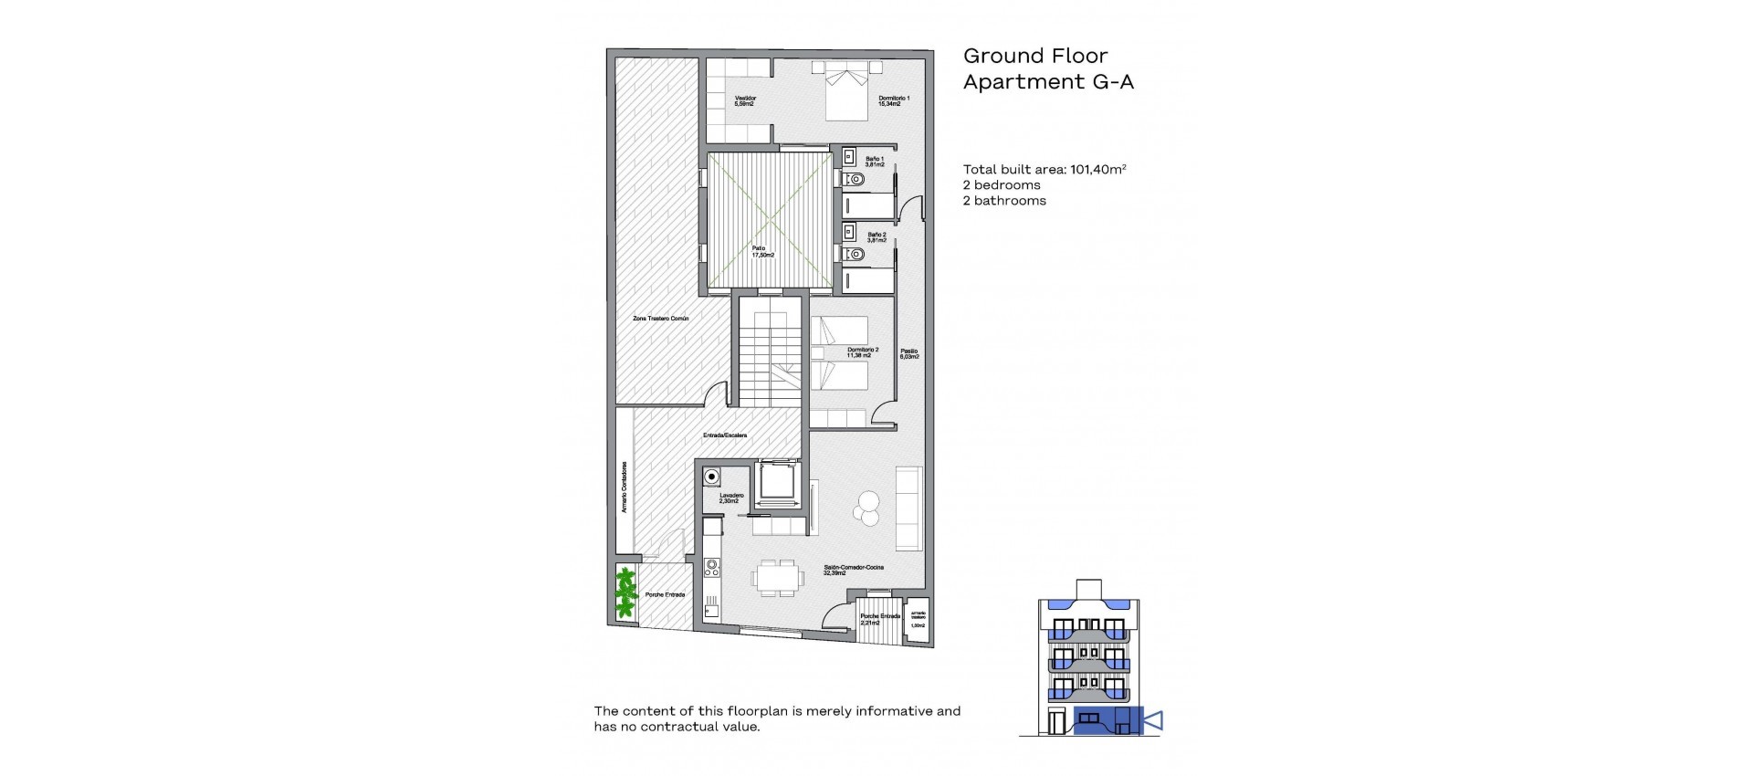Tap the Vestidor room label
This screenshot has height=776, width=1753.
[x=745, y=100]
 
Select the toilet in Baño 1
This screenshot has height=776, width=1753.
[x=855, y=180]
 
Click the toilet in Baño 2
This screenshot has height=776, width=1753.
[x=855, y=254]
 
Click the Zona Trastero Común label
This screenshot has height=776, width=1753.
[x=661, y=319]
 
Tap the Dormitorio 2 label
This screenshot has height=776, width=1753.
[x=863, y=351]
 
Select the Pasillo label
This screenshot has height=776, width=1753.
[x=908, y=353]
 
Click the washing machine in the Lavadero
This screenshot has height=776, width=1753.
[x=711, y=476]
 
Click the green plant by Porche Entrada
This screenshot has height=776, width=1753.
[x=625, y=592]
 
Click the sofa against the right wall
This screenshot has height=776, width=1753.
[x=908, y=508]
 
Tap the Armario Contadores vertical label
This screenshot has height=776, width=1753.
[x=625, y=487]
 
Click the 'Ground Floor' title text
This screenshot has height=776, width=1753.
[x=1035, y=56]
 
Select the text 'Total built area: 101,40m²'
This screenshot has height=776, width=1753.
[x=1044, y=169]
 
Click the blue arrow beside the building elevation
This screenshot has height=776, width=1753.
[x=1153, y=721]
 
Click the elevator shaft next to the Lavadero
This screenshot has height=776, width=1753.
[x=775, y=481]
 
